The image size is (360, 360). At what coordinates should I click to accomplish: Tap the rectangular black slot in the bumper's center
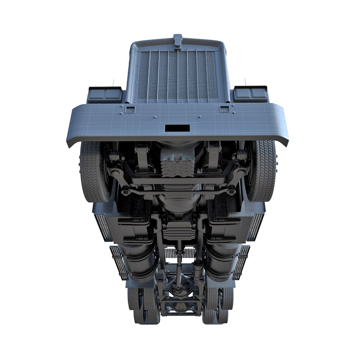click(x=177, y=128)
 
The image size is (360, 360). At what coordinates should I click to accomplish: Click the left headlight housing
click(x=105, y=94)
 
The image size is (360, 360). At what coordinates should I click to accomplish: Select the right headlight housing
click(x=251, y=93)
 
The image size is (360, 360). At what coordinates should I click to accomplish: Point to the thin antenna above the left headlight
click(x=113, y=82)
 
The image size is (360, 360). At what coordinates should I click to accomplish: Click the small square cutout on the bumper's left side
click(x=130, y=109)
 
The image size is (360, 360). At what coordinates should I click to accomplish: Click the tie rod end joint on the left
click(x=126, y=193)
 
